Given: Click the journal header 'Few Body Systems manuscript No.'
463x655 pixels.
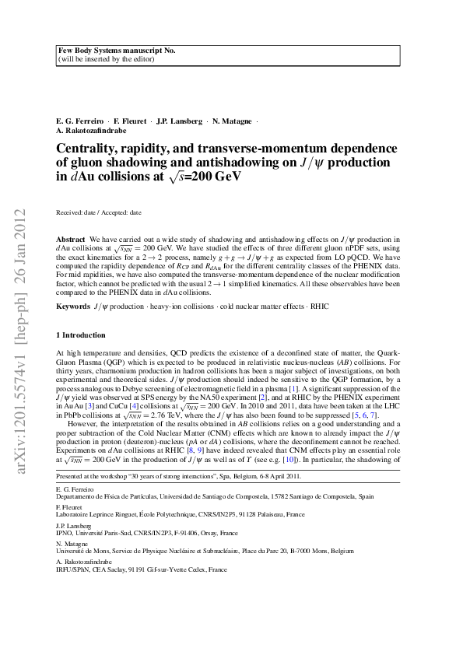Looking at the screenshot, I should pos(117,50).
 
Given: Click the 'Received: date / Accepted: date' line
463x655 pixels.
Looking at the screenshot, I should pos(99,212).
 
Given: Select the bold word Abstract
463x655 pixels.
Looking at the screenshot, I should pos(72,238).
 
